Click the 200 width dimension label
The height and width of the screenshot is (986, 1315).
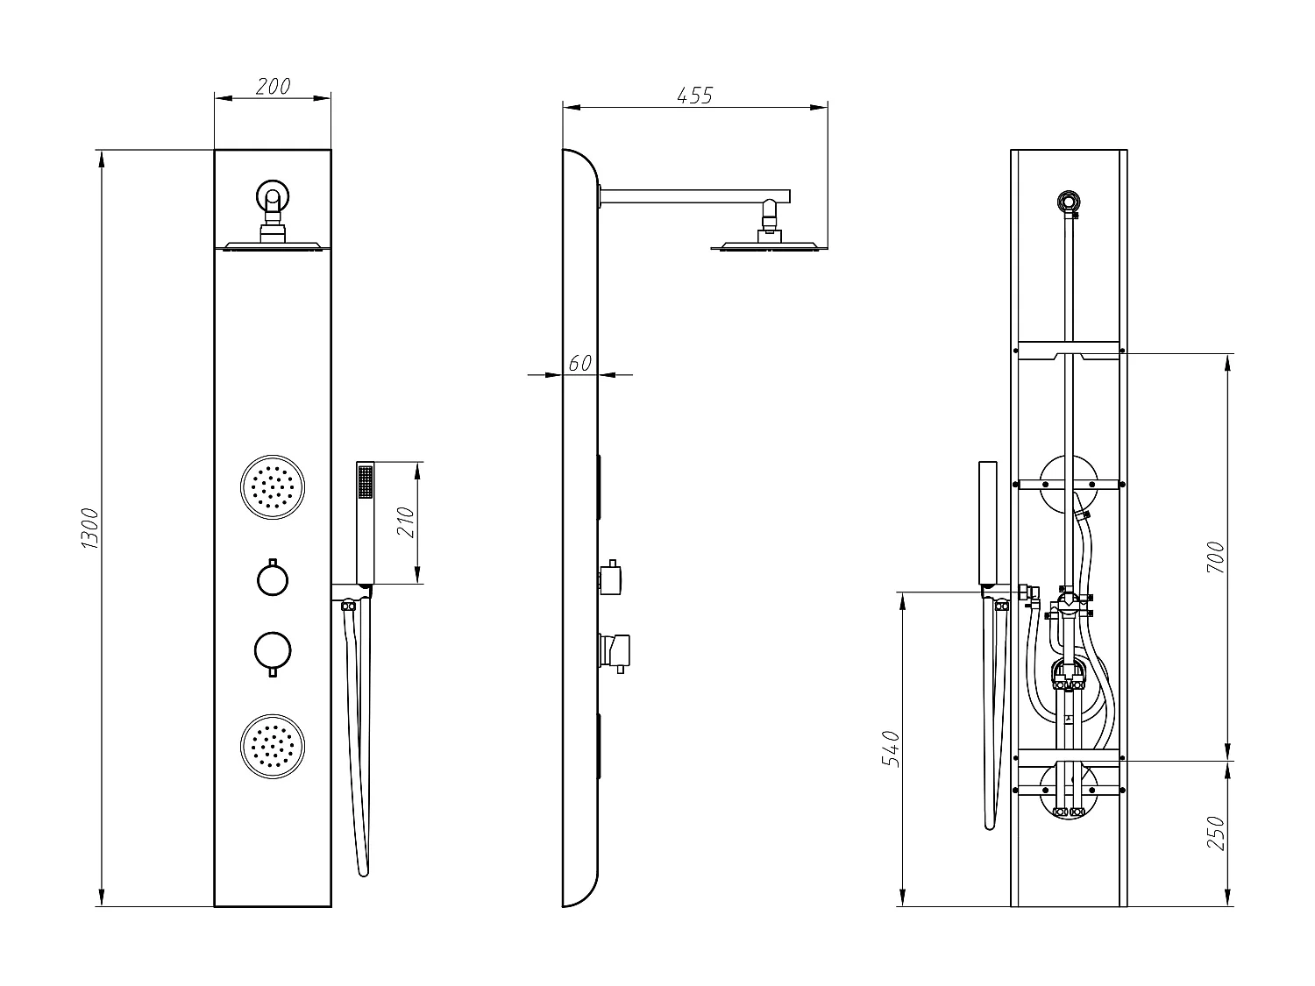(273, 86)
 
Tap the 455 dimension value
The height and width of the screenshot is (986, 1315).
(695, 95)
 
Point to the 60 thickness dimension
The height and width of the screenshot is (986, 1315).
(579, 362)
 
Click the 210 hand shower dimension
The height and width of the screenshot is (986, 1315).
(404, 523)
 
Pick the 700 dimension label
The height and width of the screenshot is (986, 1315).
(1216, 557)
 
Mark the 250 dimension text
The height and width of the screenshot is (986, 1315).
(1216, 833)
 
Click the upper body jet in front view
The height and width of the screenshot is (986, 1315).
(273, 486)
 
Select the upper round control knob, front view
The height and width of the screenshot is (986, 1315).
(273, 578)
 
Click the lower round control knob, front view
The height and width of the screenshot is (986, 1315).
(273, 650)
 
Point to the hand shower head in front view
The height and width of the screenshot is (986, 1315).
(366, 521)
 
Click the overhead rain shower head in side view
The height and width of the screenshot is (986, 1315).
(768, 246)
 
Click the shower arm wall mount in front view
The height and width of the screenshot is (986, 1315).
(273, 196)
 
